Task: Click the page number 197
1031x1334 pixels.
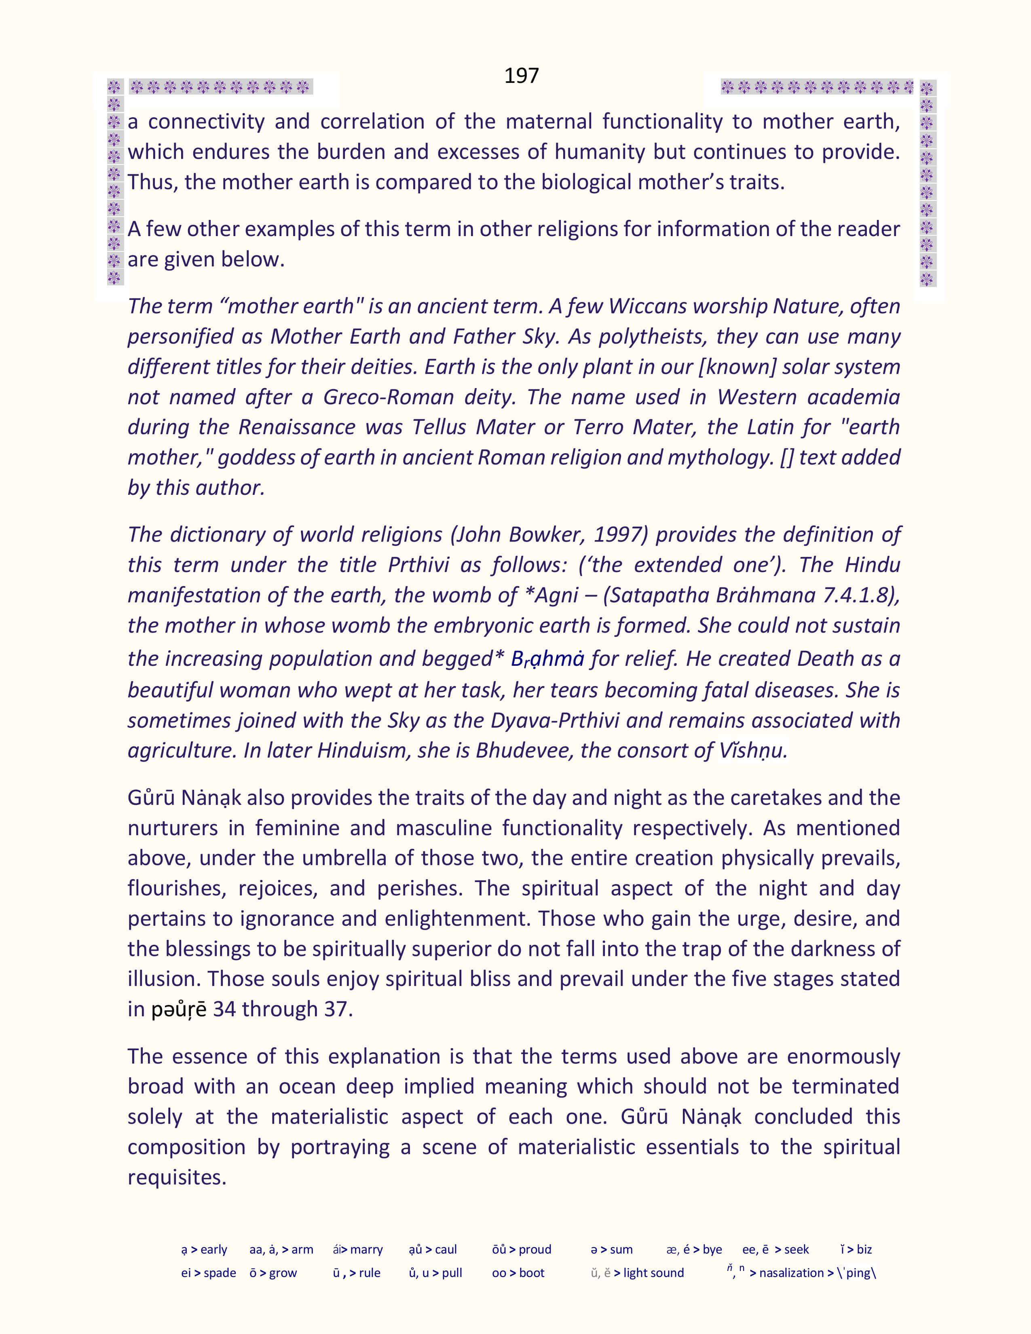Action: (x=521, y=75)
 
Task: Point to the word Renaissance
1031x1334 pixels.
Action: (x=296, y=427)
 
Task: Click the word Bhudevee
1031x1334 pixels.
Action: (x=523, y=750)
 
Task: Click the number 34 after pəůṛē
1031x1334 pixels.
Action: (x=224, y=1009)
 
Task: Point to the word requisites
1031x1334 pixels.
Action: (x=177, y=1177)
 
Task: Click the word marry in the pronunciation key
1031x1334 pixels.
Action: (x=366, y=1249)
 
